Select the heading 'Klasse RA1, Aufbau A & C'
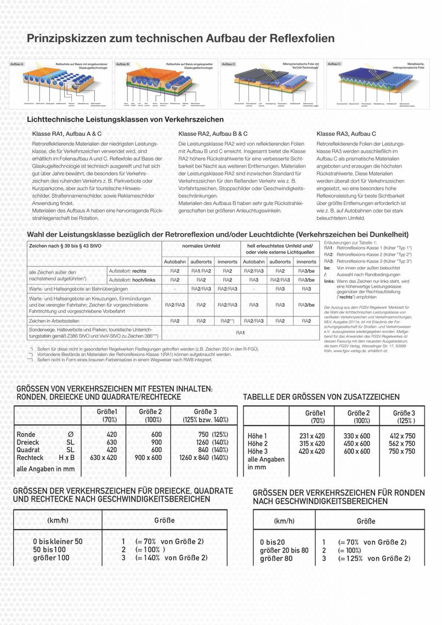(x=67, y=134)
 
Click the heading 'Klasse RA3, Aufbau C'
(x=346, y=134)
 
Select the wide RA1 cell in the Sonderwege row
(x=240, y=333)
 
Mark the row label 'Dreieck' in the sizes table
(x=28, y=442)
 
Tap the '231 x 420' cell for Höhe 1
(x=312, y=436)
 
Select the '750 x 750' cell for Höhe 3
(x=402, y=451)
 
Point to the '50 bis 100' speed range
(x=49, y=549)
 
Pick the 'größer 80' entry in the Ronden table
(x=277, y=558)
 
